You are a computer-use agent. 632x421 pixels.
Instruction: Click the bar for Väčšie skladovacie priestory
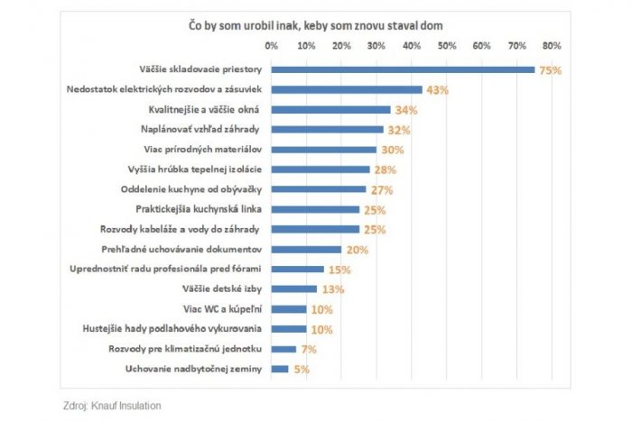click(403, 69)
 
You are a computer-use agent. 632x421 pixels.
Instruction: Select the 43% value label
click(437, 90)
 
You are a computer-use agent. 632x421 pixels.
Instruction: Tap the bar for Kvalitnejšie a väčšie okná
click(330, 110)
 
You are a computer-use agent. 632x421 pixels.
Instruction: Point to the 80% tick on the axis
click(553, 44)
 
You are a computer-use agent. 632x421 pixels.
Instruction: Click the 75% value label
click(550, 70)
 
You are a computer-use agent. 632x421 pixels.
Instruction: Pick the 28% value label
click(385, 169)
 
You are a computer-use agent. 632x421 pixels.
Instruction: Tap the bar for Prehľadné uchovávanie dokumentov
click(306, 249)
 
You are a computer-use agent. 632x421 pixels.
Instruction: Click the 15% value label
click(339, 270)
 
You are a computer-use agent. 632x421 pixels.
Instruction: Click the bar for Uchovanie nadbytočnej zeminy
click(280, 368)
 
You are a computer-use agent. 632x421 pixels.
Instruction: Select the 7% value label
click(308, 349)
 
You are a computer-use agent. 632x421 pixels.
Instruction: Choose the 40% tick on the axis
click(412, 44)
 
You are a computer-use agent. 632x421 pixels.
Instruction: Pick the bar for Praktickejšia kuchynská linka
click(315, 209)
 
